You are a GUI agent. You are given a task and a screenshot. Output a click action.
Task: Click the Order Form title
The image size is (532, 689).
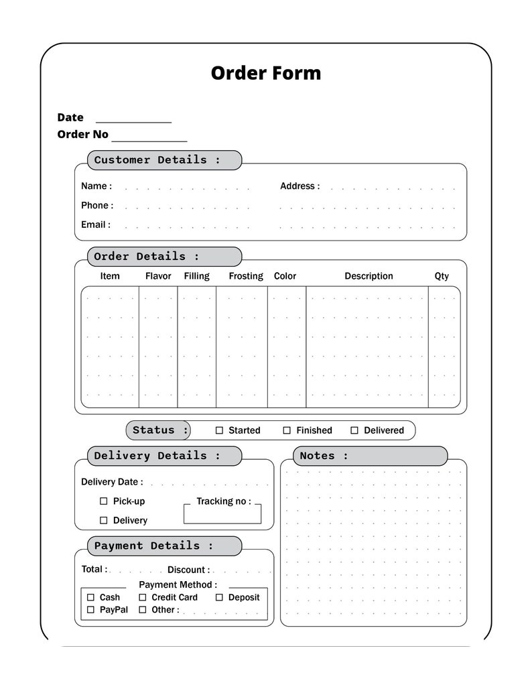(265, 72)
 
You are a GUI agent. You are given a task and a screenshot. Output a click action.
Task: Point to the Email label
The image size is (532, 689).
(96, 225)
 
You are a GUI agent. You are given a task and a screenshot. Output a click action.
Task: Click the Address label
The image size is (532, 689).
(300, 186)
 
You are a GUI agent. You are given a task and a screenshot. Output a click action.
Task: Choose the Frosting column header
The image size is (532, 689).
(245, 276)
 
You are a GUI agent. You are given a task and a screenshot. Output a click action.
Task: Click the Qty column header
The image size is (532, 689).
(442, 276)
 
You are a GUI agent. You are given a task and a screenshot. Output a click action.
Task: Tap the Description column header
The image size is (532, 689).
(369, 276)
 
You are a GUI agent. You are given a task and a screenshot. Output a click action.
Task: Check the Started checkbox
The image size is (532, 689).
(219, 430)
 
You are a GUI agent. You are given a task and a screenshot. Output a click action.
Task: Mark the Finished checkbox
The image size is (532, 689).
(287, 430)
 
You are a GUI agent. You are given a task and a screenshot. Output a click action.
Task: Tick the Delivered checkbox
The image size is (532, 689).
(354, 430)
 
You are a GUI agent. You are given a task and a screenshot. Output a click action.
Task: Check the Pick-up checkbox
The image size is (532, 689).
(104, 501)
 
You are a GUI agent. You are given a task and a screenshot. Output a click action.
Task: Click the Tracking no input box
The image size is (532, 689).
(222, 514)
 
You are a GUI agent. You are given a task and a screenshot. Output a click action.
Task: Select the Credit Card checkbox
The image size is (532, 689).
(143, 597)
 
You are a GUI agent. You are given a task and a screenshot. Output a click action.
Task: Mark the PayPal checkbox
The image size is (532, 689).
(91, 610)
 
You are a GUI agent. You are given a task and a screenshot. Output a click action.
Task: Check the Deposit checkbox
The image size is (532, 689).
(219, 597)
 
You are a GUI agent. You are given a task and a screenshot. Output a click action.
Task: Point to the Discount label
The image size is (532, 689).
(188, 570)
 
